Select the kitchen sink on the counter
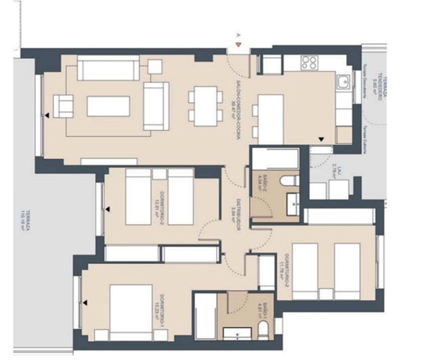tap(343, 83)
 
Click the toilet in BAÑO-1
tap(263, 330)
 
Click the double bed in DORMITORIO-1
tap(130, 311)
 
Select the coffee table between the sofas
tap(108, 106)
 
